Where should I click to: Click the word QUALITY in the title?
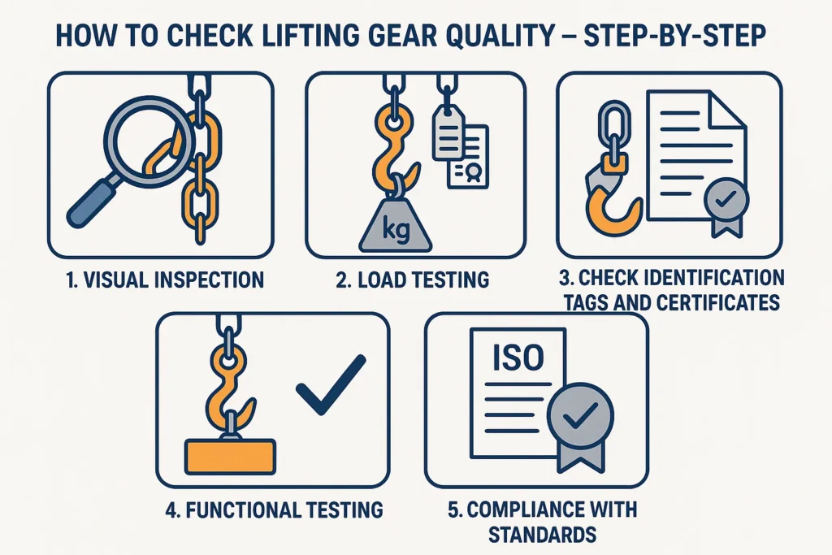pos(509,36)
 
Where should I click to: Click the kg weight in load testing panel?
pos(396,223)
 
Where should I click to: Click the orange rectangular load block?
pos(230,457)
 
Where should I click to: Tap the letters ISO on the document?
pos(518,358)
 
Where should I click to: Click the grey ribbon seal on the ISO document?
pos(580,425)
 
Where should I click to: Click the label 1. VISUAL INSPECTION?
pos(165,280)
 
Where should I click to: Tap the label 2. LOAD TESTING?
pos(412,280)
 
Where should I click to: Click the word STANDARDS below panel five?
pos(542,535)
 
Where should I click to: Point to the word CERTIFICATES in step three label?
pos(718,302)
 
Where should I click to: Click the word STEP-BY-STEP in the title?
pos(674,36)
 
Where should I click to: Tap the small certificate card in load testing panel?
pos(469,158)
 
